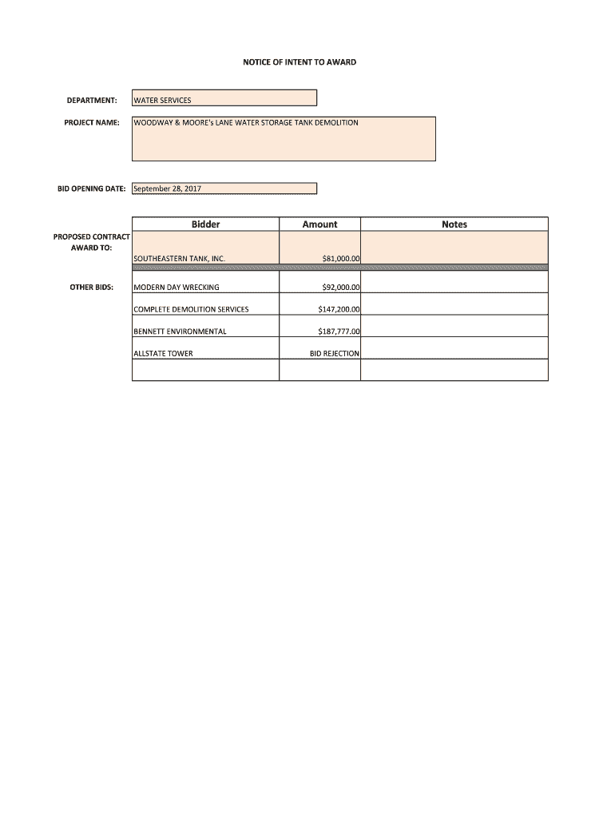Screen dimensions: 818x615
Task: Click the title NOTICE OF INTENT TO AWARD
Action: tap(300, 62)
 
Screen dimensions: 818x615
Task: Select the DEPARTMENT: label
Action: tap(92, 101)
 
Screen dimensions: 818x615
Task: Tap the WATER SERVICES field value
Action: tap(162, 101)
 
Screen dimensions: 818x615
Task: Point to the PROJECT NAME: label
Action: tap(92, 123)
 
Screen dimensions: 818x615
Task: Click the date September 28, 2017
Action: tap(168, 189)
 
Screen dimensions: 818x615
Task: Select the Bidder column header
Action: tap(205, 224)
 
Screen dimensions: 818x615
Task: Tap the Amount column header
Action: tap(319, 224)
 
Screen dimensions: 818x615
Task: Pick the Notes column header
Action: tap(454, 224)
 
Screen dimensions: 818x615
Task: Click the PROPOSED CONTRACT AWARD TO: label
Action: tap(92, 243)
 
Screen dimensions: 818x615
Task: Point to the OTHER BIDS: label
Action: tap(95, 287)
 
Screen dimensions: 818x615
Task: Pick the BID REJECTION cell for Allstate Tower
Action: tap(335, 353)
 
